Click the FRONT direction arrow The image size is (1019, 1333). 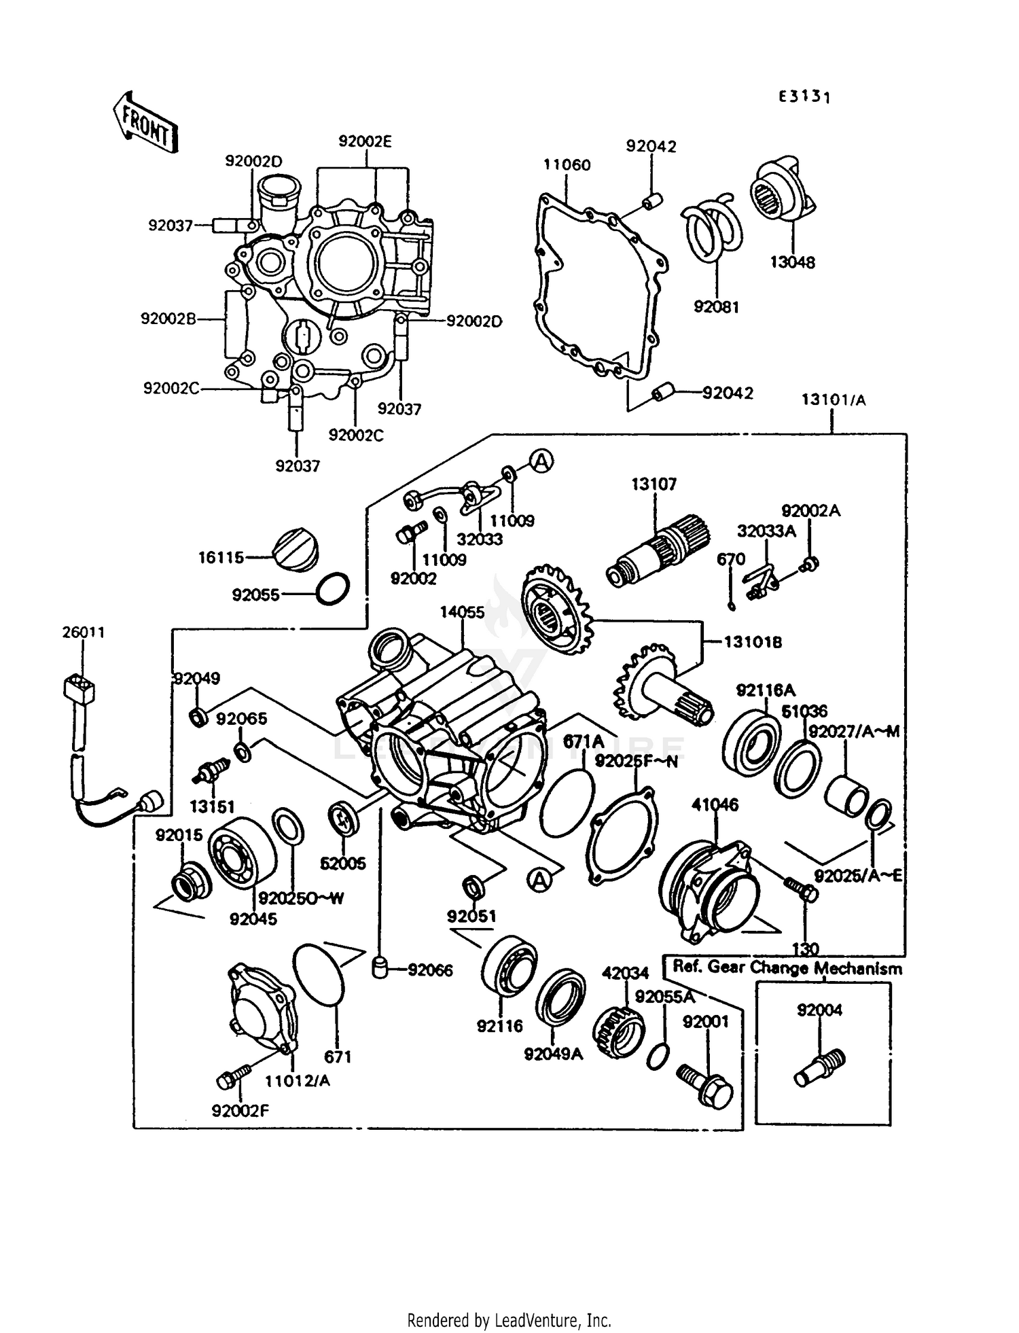click(x=144, y=123)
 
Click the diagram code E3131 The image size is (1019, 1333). click(x=804, y=97)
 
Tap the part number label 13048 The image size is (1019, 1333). click(x=792, y=262)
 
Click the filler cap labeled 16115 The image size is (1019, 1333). click(x=295, y=551)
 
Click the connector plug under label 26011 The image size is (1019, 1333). click(x=78, y=690)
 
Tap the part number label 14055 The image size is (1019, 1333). click(x=462, y=612)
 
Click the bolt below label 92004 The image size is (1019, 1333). click(x=819, y=1068)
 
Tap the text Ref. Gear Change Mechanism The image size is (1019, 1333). click(x=787, y=968)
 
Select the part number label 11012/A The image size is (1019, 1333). click(x=298, y=1080)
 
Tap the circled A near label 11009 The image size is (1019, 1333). click(x=541, y=462)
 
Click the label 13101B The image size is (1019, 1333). click(x=752, y=642)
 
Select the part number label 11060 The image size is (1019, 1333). click(x=567, y=165)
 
